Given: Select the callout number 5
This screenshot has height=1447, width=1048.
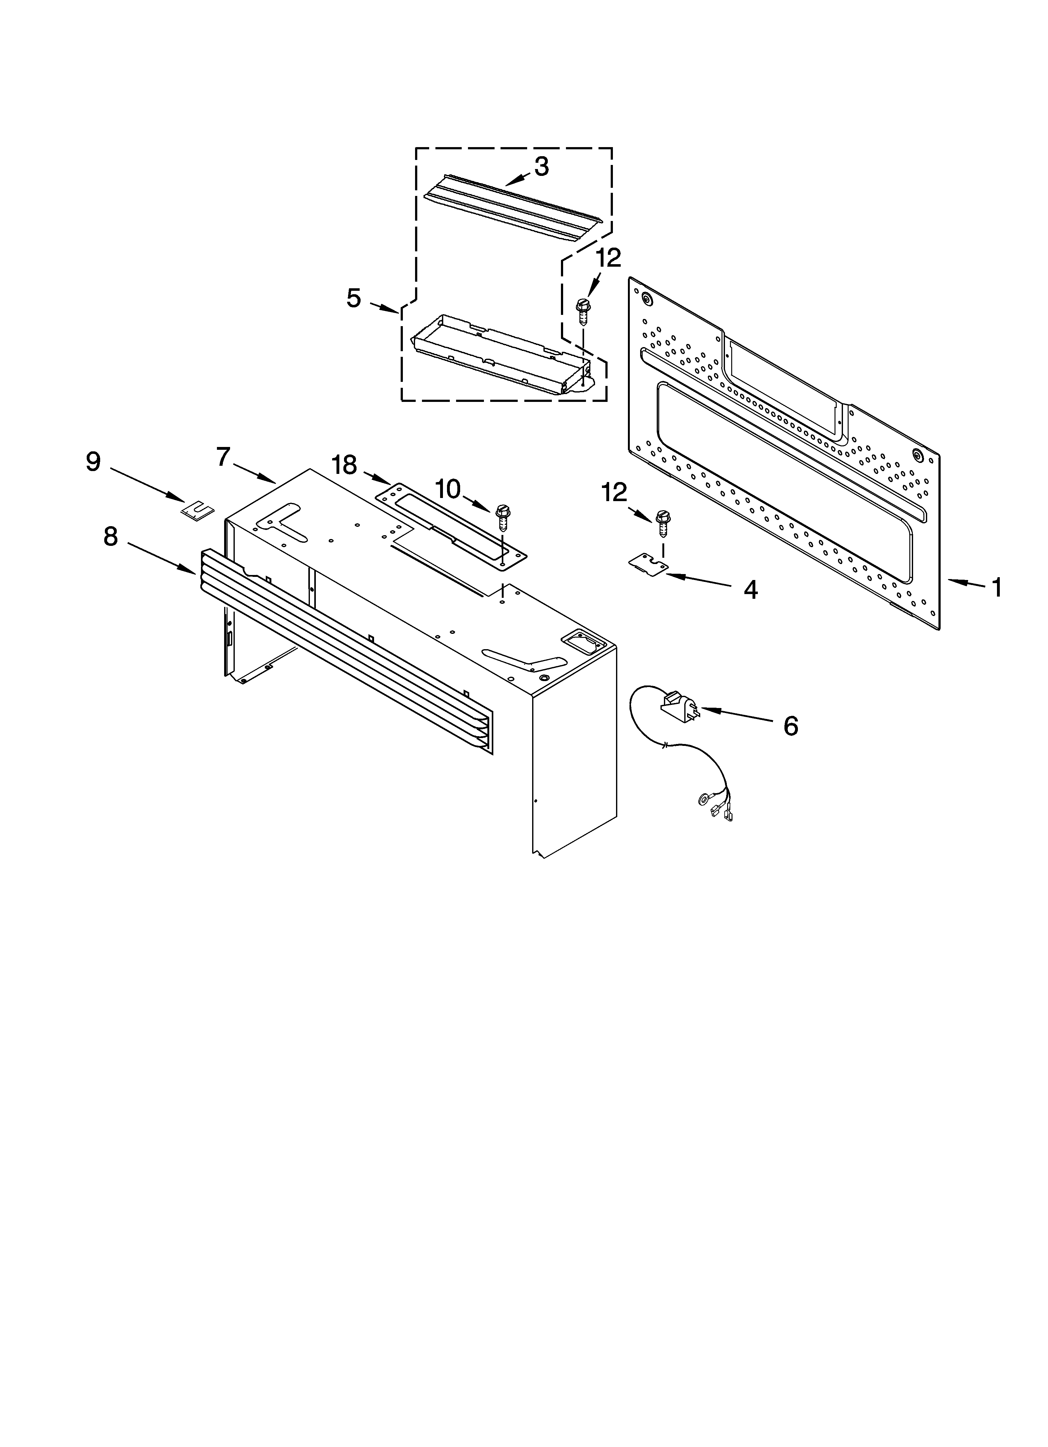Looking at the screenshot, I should (x=354, y=298).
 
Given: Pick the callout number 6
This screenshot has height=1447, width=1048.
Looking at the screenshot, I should (x=791, y=726).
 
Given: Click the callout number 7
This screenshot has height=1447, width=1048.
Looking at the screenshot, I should (x=223, y=457).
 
